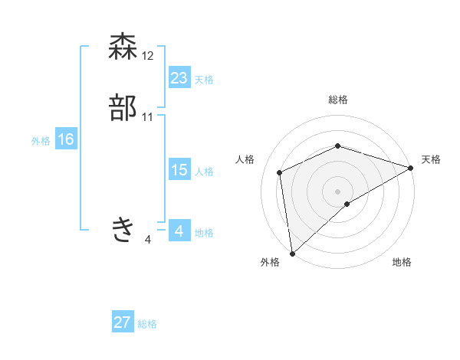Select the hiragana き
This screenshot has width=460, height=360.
(123, 229)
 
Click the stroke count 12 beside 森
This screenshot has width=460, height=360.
(148, 56)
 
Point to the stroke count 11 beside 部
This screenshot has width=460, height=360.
(148, 117)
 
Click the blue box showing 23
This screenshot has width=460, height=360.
(179, 78)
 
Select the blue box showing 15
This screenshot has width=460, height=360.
(179, 170)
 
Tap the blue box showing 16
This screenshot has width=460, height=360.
(66, 139)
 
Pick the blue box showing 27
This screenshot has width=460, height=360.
(123, 322)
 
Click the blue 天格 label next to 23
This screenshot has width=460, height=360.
(203, 80)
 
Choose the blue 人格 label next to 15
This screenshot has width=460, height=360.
(203, 172)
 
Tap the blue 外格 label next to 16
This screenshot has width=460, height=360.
(41, 141)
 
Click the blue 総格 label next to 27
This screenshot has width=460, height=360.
(147, 324)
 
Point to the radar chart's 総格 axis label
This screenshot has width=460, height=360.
(337, 100)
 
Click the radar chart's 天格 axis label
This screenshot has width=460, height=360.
(431, 159)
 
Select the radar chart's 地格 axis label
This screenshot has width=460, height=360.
(402, 262)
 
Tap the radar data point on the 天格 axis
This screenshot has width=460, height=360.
(411, 168)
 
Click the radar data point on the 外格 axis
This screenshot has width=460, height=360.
(292, 253)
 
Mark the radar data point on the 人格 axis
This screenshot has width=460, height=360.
(280, 172)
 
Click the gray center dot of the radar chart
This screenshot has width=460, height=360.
(337, 191)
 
